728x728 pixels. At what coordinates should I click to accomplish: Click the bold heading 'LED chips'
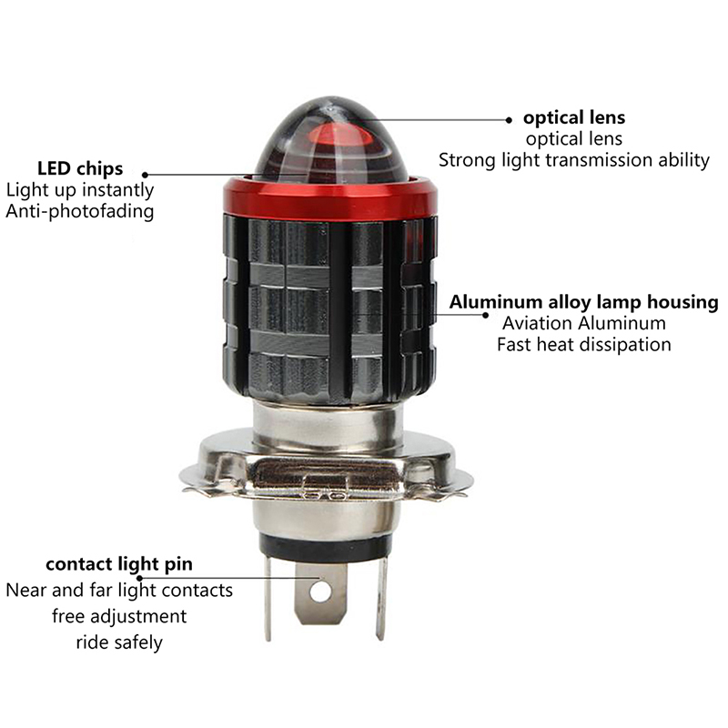coord(80,168)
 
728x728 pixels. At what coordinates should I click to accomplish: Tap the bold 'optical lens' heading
coord(574,118)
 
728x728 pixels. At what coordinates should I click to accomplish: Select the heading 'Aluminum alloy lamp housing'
coord(583,302)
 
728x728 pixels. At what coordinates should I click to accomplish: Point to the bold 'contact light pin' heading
coord(119,564)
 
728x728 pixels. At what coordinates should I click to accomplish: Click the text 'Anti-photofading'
coord(80,211)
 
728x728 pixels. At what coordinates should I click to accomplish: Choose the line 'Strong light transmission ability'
coord(574,160)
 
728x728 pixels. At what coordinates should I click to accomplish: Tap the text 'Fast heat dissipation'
coord(583,345)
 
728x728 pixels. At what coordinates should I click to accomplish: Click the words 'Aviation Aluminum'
coord(583,323)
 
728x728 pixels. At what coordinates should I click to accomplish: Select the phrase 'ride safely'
coord(119,642)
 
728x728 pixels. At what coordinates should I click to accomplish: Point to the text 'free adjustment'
coord(119,617)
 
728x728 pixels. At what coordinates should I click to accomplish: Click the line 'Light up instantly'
coord(80,190)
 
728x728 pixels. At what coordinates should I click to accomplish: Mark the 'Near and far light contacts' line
coord(119,591)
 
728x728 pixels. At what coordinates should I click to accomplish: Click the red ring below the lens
coord(329,198)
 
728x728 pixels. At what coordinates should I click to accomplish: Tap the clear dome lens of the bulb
coord(330,139)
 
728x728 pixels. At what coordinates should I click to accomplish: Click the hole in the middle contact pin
coord(320,591)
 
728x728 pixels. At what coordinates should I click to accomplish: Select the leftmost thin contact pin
coord(268,598)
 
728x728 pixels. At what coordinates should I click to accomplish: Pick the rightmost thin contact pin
coord(381,598)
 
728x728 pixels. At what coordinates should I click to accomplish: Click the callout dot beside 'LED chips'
coord(145,175)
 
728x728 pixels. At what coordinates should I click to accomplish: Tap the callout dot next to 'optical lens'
coord(509,120)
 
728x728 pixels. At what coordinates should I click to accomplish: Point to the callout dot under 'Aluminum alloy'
coord(485,315)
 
